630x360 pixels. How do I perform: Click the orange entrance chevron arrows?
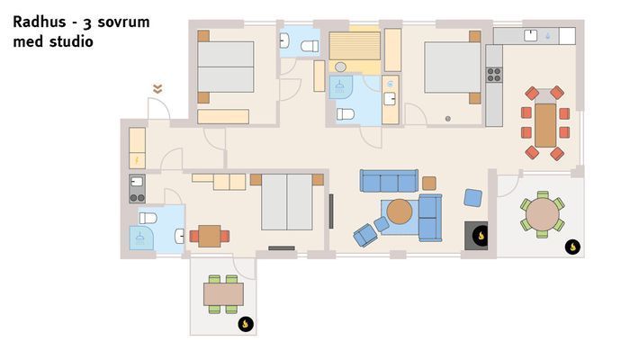click(x=157, y=88)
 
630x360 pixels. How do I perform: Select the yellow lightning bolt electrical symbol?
click(x=137, y=160)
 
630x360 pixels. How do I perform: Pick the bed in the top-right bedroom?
click(x=452, y=67)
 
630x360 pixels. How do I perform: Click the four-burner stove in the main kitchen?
click(x=494, y=76)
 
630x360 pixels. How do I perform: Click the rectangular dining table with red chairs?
click(x=545, y=124)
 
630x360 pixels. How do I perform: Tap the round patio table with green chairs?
click(x=543, y=214)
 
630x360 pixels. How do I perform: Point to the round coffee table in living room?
click(x=400, y=211)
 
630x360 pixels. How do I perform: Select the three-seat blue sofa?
click(x=388, y=181)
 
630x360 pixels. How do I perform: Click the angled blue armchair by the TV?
click(x=364, y=236)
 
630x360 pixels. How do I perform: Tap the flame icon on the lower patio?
click(x=245, y=323)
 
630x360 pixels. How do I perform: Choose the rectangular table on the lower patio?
click(x=223, y=293)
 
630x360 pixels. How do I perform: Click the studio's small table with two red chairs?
click(x=210, y=236)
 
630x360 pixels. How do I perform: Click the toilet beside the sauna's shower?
click(x=346, y=114)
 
